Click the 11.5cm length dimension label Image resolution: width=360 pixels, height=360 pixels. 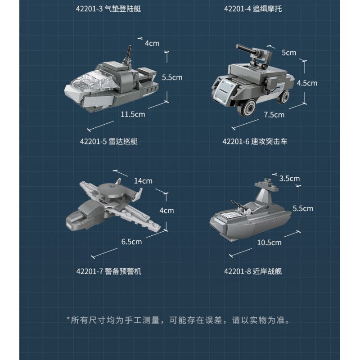(x=133, y=114)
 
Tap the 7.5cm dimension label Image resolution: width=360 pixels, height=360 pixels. (x=274, y=115)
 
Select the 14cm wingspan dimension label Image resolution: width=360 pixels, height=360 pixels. (x=143, y=181)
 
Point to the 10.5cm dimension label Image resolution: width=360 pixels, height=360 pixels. (x=269, y=243)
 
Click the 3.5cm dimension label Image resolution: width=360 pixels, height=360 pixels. (x=289, y=178)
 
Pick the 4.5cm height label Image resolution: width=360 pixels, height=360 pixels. (x=307, y=83)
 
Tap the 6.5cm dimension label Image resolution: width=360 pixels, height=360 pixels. (x=131, y=242)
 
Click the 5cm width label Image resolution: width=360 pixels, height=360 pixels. (x=289, y=53)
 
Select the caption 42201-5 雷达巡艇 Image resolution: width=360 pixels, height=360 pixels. (x=109, y=141)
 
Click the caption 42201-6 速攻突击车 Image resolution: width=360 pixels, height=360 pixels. (x=255, y=141)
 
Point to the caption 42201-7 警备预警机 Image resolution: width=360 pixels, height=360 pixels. (x=109, y=271)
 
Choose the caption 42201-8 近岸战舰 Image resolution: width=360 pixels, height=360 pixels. (x=253, y=271)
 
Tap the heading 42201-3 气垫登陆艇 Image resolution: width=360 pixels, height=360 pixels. (x=108, y=9)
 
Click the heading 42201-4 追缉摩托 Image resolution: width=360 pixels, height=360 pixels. (x=253, y=9)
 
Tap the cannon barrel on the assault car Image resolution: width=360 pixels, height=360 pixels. (x=246, y=50)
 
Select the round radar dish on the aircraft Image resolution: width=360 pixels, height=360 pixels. (x=111, y=189)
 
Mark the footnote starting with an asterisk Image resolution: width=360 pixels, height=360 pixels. (x=178, y=320)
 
